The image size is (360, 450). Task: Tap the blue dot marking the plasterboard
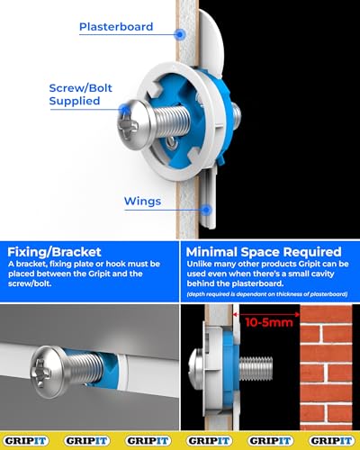point(181,34)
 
